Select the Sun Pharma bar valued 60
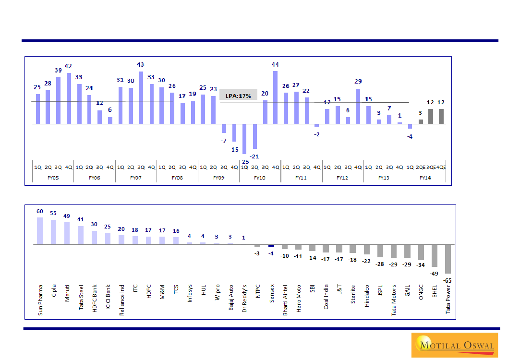tap(40, 231)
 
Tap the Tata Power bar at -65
tap(448, 259)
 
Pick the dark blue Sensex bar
tap(271, 245)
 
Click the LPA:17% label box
tap(238, 95)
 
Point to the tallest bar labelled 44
tap(275, 97)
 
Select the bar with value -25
tap(244, 139)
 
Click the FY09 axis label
tap(218, 178)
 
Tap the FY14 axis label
tap(425, 178)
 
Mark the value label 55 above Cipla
tap(53, 213)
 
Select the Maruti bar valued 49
tap(67, 233)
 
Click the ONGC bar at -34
tap(421, 252)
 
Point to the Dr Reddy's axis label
tap(244, 300)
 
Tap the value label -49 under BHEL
tap(434, 274)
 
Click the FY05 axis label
tap(53, 178)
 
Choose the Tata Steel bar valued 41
tap(81, 235)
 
